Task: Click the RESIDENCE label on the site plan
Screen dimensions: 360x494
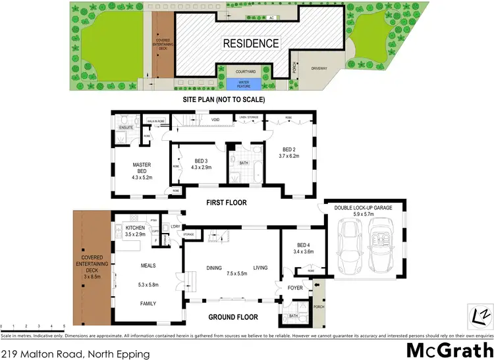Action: pos(250,43)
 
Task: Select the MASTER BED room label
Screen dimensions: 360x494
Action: pos(142,168)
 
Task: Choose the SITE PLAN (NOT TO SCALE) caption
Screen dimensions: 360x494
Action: pos(224,100)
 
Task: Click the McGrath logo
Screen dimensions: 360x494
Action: pos(449,349)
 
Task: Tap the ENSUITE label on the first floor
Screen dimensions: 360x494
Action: pos(125,127)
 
